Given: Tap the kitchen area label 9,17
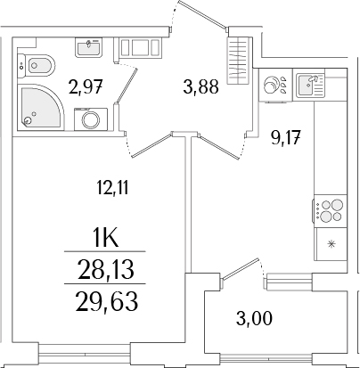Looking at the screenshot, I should point(283,136).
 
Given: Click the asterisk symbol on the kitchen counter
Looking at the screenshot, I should point(331,244).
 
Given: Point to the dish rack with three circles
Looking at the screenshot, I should point(274,86).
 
